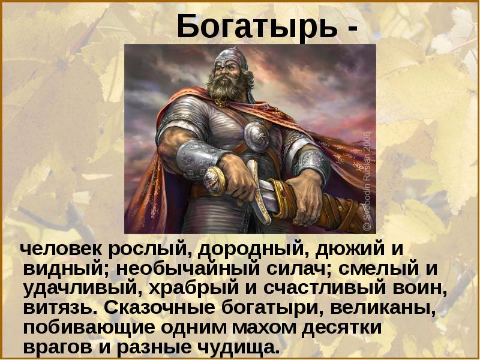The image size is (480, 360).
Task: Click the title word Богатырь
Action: (257, 26)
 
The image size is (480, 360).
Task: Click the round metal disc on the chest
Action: (256, 137)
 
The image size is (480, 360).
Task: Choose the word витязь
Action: (60, 308)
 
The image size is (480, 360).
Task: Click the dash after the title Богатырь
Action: (353, 29)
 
